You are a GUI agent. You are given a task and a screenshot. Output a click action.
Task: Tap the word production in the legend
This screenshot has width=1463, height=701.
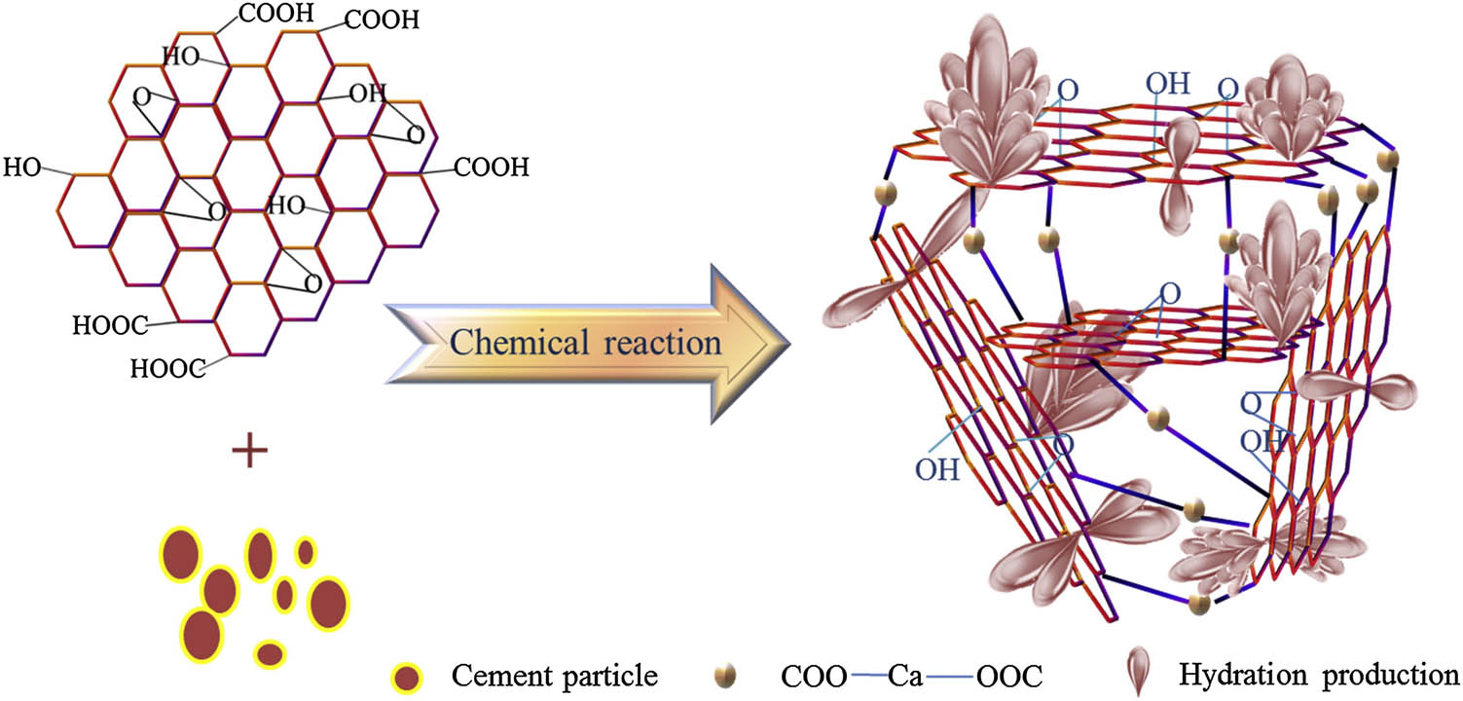pos(1383,675)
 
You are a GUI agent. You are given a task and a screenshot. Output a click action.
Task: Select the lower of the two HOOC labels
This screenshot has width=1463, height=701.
pos(168,368)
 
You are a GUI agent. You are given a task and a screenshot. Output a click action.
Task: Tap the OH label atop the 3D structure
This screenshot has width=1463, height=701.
pos(1166,83)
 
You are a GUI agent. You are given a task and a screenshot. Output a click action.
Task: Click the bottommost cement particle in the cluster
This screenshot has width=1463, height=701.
pos(270,653)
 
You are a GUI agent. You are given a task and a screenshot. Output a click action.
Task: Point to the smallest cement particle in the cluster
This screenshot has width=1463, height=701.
pos(306,552)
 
